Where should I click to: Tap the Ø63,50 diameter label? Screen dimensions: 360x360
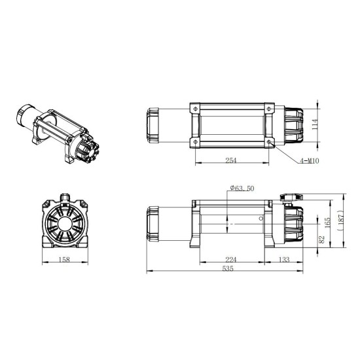pos(243,189)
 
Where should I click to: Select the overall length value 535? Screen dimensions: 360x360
pos(228,268)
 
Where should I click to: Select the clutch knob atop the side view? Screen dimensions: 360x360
pos(291,196)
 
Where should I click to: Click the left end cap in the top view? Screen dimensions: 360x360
pos(154,124)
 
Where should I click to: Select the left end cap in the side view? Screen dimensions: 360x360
pos(154,222)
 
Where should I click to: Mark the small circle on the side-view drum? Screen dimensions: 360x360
pos(261,219)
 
